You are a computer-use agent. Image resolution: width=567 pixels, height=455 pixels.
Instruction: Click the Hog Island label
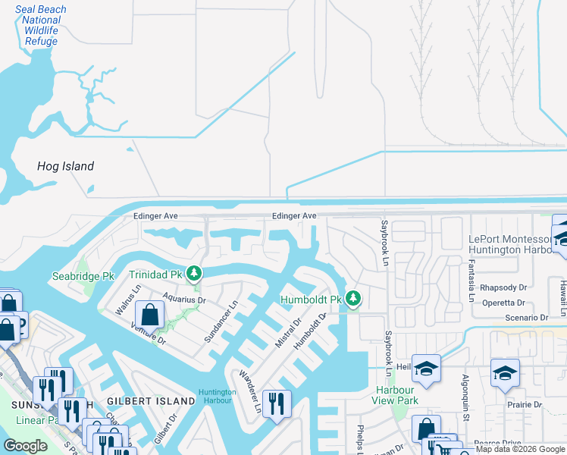(x=66, y=166)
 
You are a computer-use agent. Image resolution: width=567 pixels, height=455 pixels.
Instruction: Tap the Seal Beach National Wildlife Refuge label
(x=41, y=26)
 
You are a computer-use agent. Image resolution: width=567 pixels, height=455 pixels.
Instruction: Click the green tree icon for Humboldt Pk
(x=352, y=300)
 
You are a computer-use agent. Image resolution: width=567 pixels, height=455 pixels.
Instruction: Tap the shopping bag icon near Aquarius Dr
(x=149, y=314)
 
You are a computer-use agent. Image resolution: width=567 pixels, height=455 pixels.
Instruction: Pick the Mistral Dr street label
(x=288, y=333)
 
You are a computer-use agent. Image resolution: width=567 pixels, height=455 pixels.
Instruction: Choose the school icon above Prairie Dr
(x=505, y=373)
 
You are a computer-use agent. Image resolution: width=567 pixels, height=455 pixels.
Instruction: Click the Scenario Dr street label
(x=523, y=318)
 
